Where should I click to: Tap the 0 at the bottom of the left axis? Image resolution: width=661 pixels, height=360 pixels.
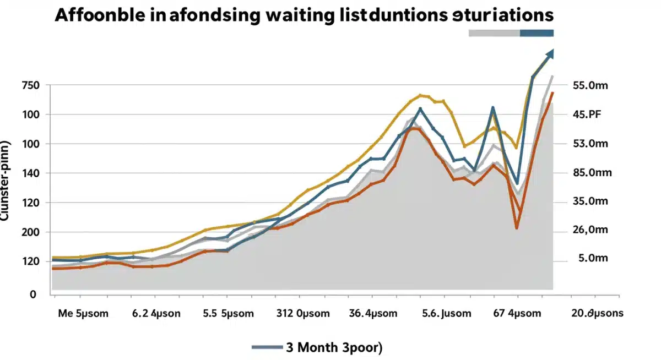(x=32, y=294)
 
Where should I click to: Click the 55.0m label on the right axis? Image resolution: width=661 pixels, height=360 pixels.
(x=590, y=85)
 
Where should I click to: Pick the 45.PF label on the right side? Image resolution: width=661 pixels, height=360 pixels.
(x=587, y=114)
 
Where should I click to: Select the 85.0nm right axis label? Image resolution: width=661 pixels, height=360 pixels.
(x=592, y=173)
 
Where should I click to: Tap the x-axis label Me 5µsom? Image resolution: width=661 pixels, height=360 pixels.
(x=83, y=314)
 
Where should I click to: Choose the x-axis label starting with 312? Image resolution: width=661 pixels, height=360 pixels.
(x=302, y=314)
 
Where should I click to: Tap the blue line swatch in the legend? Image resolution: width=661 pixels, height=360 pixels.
(x=267, y=347)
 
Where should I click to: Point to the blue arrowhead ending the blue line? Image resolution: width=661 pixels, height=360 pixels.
(x=550, y=54)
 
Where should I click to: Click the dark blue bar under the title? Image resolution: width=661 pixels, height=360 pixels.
(x=537, y=33)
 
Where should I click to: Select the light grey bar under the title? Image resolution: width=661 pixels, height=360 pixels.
(x=494, y=33)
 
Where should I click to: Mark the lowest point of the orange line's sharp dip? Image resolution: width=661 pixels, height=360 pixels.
(x=517, y=227)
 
